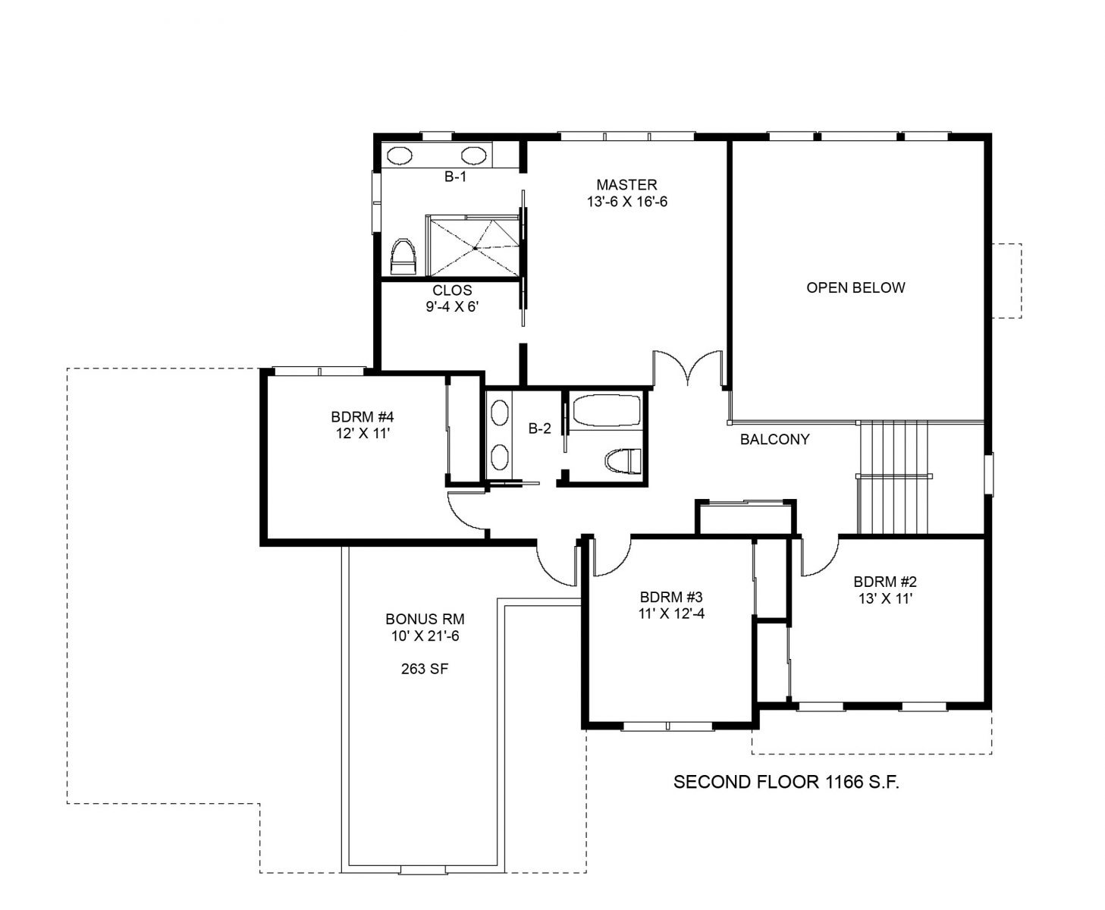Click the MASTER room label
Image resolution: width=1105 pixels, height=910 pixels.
tap(626, 184)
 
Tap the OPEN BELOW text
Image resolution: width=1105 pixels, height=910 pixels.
tap(855, 288)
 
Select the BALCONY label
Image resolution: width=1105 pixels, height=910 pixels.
tap(775, 439)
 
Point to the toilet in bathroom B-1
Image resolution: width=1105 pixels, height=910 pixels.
tap(403, 256)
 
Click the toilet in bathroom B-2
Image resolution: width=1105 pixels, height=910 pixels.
tap(623, 461)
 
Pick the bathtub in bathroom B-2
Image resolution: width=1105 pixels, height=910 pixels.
tap(607, 410)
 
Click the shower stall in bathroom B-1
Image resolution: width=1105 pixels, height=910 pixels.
tap(473, 246)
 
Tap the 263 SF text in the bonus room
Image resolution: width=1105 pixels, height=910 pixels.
tap(425, 669)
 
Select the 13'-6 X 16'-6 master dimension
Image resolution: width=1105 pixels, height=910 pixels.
tap(627, 202)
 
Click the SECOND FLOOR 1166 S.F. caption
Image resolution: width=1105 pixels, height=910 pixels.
tap(786, 782)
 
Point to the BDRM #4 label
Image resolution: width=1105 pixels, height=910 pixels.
tap(363, 417)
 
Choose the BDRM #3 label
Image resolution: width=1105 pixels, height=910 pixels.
tap(671, 597)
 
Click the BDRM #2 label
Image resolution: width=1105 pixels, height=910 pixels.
tap(885, 582)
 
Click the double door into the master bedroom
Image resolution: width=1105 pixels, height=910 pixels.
tap(687, 368)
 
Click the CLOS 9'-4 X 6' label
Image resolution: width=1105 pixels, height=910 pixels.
tap(453, 298)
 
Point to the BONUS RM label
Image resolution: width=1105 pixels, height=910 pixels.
tap(425, 619)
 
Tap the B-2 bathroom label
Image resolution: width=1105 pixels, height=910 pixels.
tap(540, 428)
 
